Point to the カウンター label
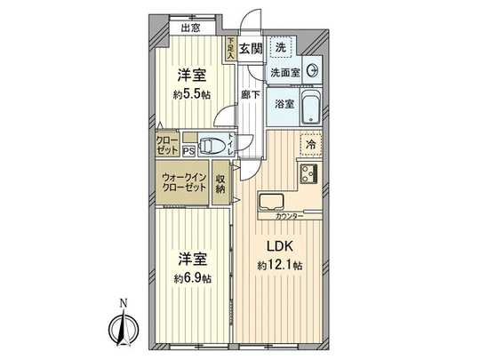(x=290, y=217)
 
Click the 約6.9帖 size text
(x=193, y=278)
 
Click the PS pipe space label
(x=188, y=151)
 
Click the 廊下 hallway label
(x=250, y=94)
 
